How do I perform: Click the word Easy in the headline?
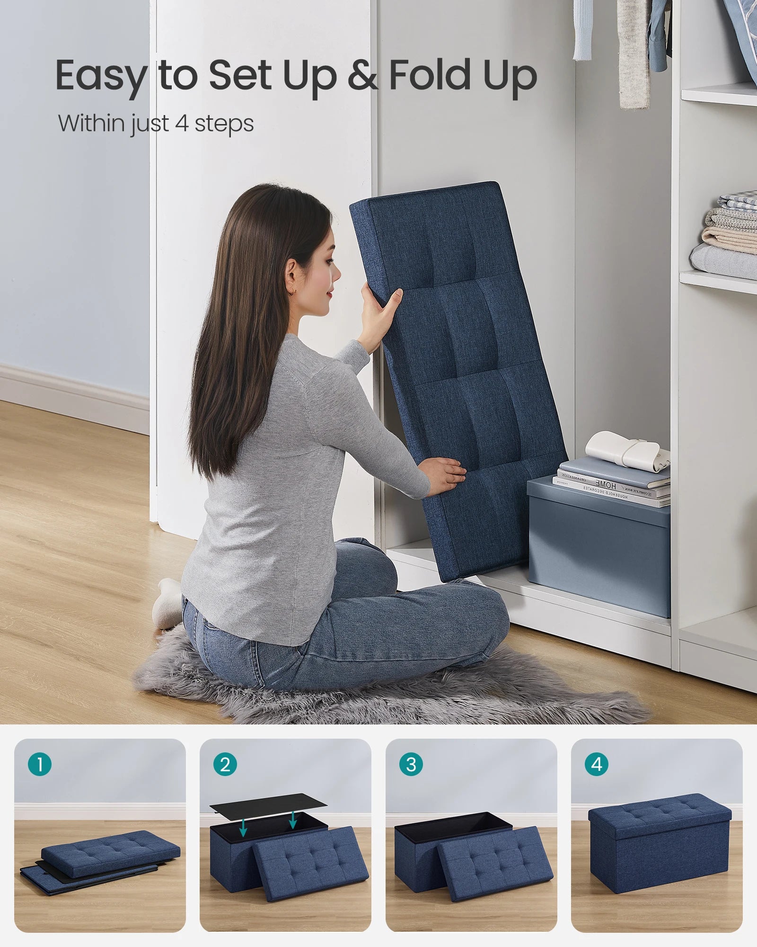point(101,76)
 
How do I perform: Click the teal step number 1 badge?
point(39,764)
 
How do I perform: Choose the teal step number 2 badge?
point(225,764)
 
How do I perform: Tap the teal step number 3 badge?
point(411,764)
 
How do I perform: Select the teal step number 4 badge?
point(597,764)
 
